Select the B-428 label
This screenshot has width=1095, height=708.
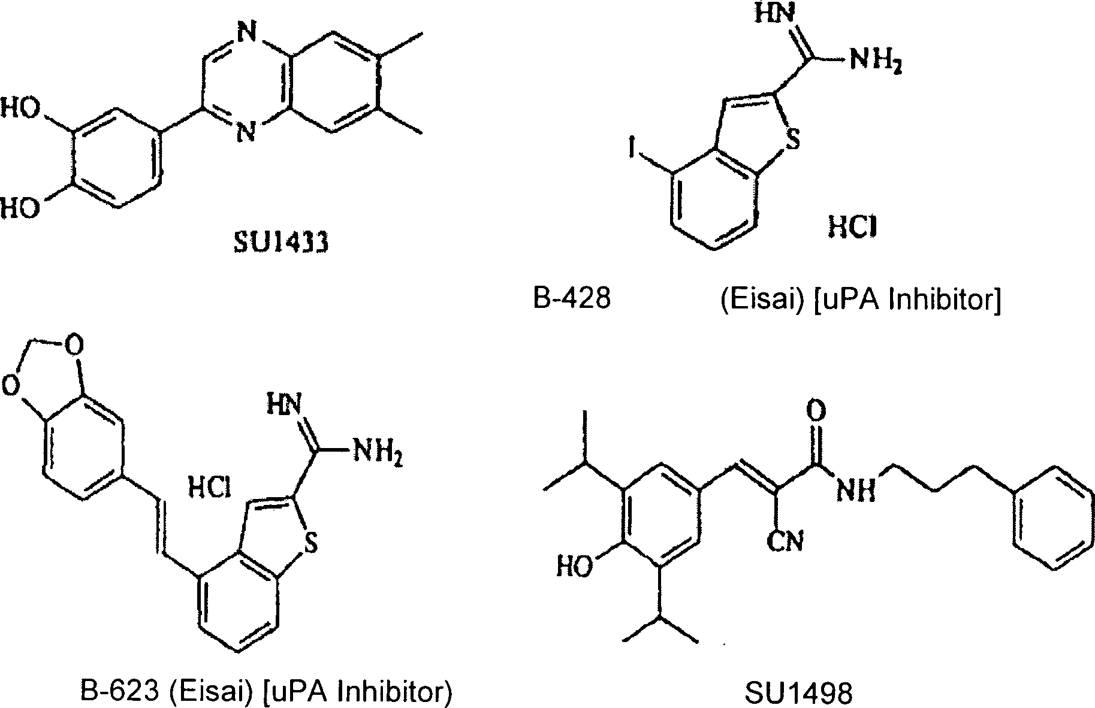572,298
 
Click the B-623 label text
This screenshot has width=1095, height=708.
120,692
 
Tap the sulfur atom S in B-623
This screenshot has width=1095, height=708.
309,544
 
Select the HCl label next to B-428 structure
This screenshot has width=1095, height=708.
852,227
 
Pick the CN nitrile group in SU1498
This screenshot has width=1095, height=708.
785,542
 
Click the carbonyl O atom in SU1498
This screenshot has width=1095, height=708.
816,412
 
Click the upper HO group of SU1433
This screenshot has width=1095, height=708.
20,111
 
